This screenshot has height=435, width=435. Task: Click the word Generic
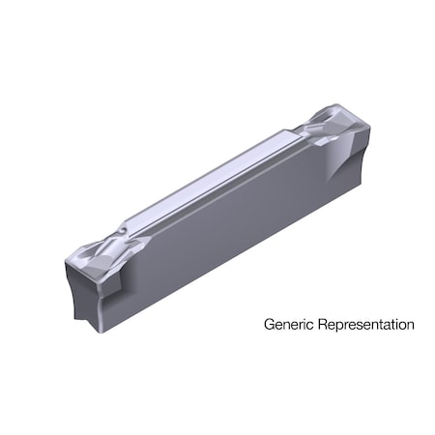[x=287, y=325]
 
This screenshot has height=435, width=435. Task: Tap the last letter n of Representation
[x=410, y=325]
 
